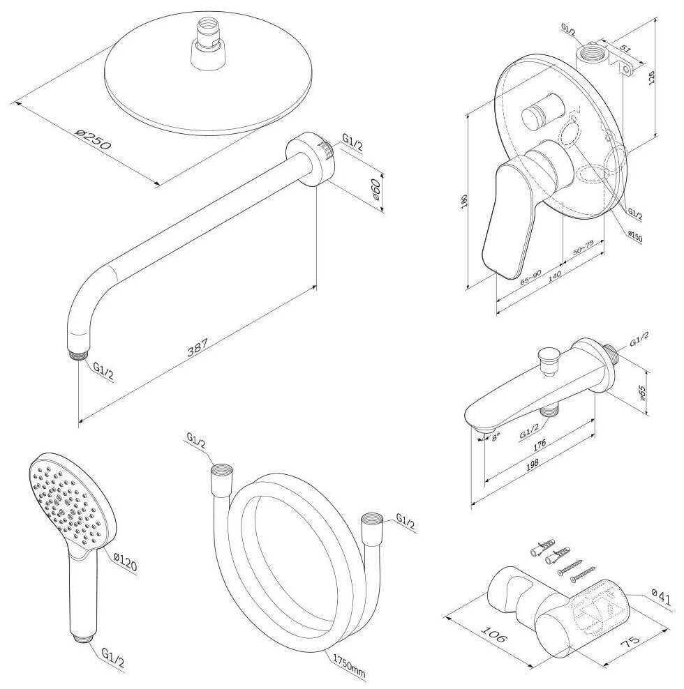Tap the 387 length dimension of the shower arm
[x=199, y=347]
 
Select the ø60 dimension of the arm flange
[x=377, y=190]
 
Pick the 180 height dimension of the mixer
[x=464, y=202]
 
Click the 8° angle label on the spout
[x=496, y=437]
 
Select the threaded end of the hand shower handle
[x=82, y=635]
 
